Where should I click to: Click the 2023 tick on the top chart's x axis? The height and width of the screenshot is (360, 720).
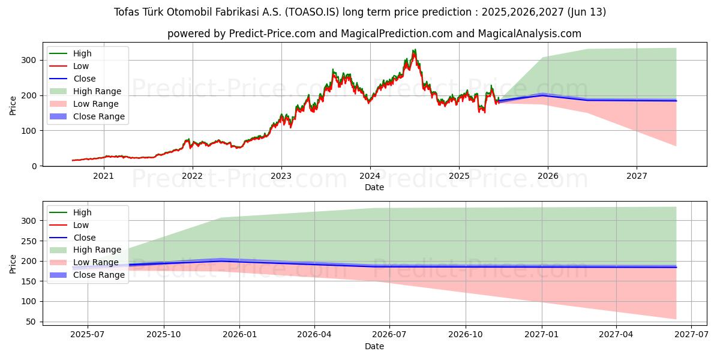[x=281, y=176]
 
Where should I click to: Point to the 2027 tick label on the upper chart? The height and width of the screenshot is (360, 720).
[x=637, y=176]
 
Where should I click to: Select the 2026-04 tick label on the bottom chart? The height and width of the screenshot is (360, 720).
[x=314, y=335]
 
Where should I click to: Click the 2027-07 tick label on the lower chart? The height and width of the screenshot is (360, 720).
[x=691, y=335]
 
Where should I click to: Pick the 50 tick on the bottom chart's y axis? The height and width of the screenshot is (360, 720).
[x=31, y=322]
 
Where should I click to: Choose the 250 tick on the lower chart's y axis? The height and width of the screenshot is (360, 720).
[x=29, y=241]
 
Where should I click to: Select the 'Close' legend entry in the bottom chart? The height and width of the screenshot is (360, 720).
[x=84, y=238]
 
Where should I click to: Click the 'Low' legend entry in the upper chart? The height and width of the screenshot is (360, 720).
[x=81, y=66]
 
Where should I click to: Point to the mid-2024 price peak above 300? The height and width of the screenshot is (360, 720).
[x=414, y=50]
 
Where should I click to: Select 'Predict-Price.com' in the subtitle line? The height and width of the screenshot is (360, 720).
[x=272, y=34]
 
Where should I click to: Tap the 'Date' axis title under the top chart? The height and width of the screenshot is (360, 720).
[x=374, y=187]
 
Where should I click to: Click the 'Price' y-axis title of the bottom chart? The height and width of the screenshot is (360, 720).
[x=13, y=263]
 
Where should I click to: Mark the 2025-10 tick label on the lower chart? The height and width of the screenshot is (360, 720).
[x=163, y=335]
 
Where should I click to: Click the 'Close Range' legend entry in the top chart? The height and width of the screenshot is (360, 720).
[x=99, y=116]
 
